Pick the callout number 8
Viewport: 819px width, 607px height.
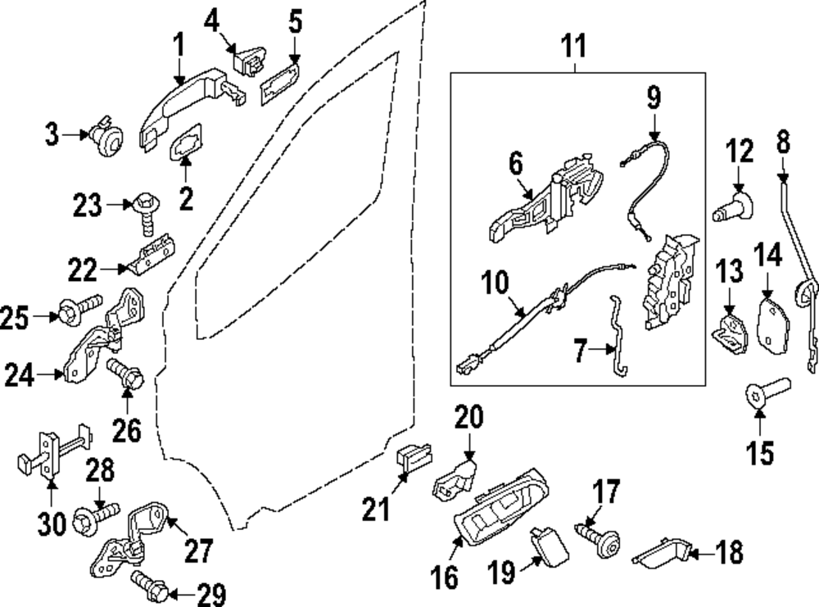pos(784,143)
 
